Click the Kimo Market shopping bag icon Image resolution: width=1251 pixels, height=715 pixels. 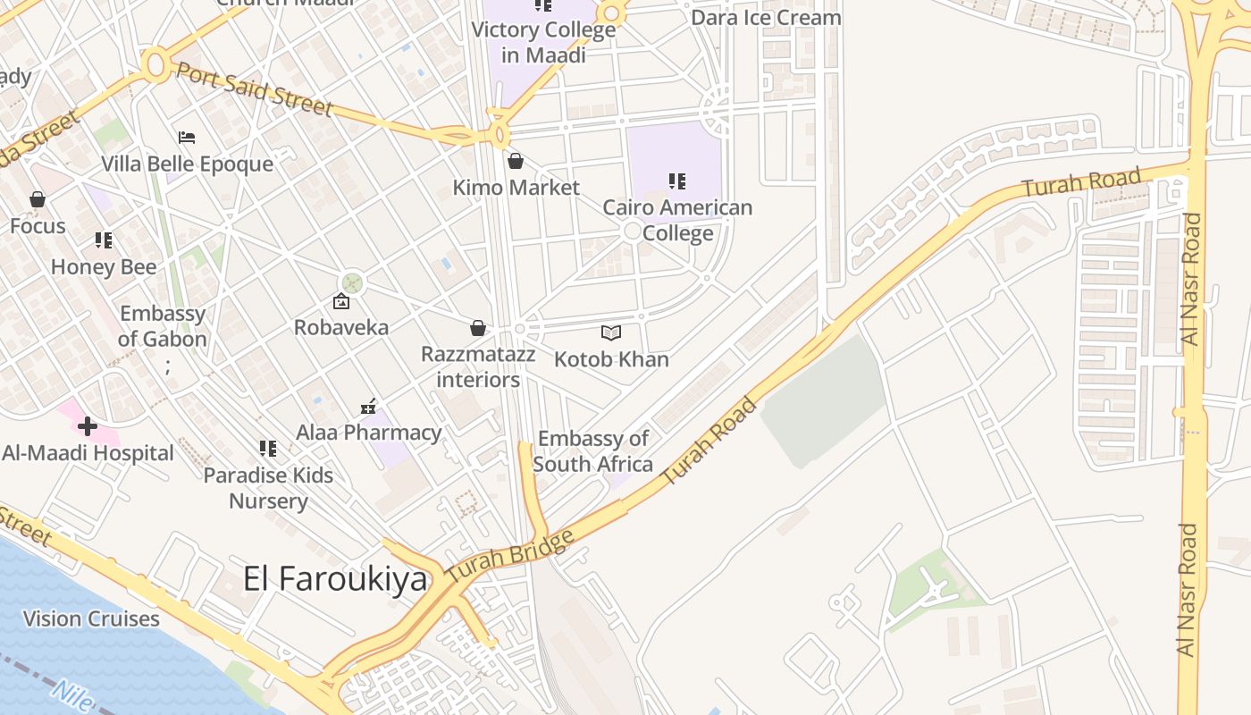(516, 161)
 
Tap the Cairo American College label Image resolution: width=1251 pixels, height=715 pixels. (677, 220)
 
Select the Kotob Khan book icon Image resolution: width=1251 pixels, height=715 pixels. (611, 333)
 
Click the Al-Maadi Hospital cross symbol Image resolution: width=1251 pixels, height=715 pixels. (88, 426)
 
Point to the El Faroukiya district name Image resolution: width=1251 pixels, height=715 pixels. (336, 579)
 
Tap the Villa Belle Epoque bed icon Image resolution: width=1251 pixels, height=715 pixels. (187, 138)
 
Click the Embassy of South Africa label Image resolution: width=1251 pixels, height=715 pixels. (592, 451)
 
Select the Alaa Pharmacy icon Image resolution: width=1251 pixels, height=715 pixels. (368, 408)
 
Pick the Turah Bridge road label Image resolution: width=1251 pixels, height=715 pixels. (509, 558)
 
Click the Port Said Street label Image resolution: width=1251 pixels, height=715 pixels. (255, 88)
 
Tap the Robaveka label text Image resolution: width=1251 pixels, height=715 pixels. (341, 327)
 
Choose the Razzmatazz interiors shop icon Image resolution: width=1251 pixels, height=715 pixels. (478, 328)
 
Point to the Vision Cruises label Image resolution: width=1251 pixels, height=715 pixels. (91, 618)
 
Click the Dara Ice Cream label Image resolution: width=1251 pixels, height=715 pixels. (766, 18)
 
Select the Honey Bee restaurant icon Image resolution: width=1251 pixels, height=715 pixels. (104, 240)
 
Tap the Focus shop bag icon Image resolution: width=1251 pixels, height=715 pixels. (38, 199)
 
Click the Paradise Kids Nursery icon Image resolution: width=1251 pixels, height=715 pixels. (268, 449)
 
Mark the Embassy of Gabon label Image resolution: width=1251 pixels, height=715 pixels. (163, 326)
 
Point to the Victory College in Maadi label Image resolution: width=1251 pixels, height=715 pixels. (543, 42)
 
